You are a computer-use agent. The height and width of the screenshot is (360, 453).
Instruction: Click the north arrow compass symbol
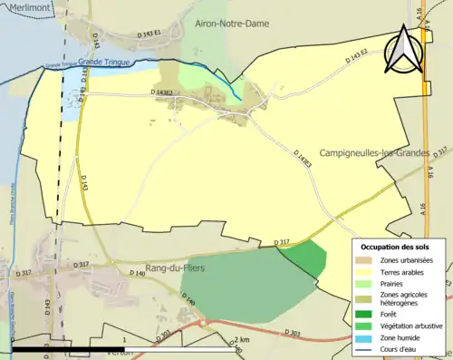[403, 49]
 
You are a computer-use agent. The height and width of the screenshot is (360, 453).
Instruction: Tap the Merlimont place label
[24, 6]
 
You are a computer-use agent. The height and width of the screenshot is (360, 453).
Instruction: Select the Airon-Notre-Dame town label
[232, 23]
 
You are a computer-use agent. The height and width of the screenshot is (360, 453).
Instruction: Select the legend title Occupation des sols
[400, 247]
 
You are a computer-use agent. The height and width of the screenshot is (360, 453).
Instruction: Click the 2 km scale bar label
[238, 340]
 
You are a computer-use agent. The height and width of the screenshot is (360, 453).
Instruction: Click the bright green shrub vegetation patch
[308, 258]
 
